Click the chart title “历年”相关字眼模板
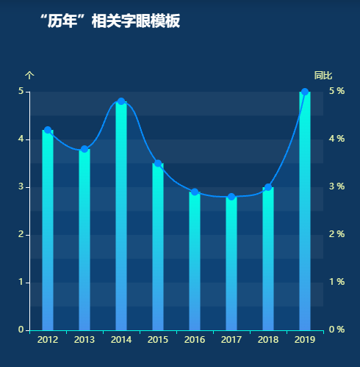pyautogui.click(x=109, y=21)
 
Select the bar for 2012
pyautogui.click(x=48, y=231)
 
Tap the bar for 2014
pyautogui.click(x=121, y=217)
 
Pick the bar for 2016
pyautogui.click(x=195, y=261)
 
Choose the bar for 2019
pyautogui.click(x=305, y=213)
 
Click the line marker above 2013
pyautogui.click(x=84, y=149)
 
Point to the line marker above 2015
pyautogui.click(x=158, y=164)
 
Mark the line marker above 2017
pyautogui.click(x=231, y=197)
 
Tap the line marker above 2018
pyautogui.click(x=268, y=187)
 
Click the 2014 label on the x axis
pyautogui.click(x=121, y=340)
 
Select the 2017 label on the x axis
pyautogui.click(x=231, y=340)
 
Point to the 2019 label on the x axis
pyautogui.click(x=305, y=340)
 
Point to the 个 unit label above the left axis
pyautogui.click(x=29, y=76)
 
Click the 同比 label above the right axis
pyautogui.click(x=323, y=76)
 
